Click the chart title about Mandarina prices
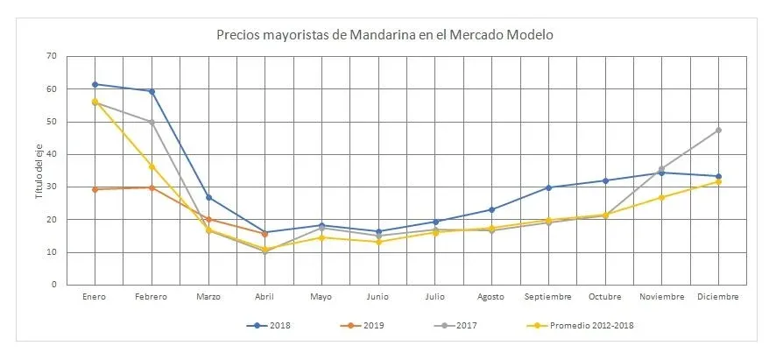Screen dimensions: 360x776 [x=385, y=35]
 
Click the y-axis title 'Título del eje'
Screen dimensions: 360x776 [x=39, y=170]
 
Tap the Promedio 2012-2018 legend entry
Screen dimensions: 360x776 [x=583, y=325]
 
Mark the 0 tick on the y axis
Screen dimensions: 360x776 [x=53, y=285]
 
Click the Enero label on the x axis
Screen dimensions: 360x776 [x=95, y=297]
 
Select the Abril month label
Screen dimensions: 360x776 [x=265, y=297]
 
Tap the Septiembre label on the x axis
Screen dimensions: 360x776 [x=548, y=297]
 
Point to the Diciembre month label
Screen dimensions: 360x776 [x=718, y=297]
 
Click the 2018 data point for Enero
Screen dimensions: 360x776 [x=95, y=84]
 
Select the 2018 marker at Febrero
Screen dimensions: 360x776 [x=152, y=91]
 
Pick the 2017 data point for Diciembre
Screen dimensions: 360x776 [x=718, y=130]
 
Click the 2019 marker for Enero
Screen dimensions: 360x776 [x=95, y=189]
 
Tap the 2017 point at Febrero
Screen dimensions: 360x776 [x=152, y=122]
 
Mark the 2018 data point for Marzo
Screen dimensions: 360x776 [x=208, y=197]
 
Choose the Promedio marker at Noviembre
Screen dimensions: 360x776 [x=661, y=197]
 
